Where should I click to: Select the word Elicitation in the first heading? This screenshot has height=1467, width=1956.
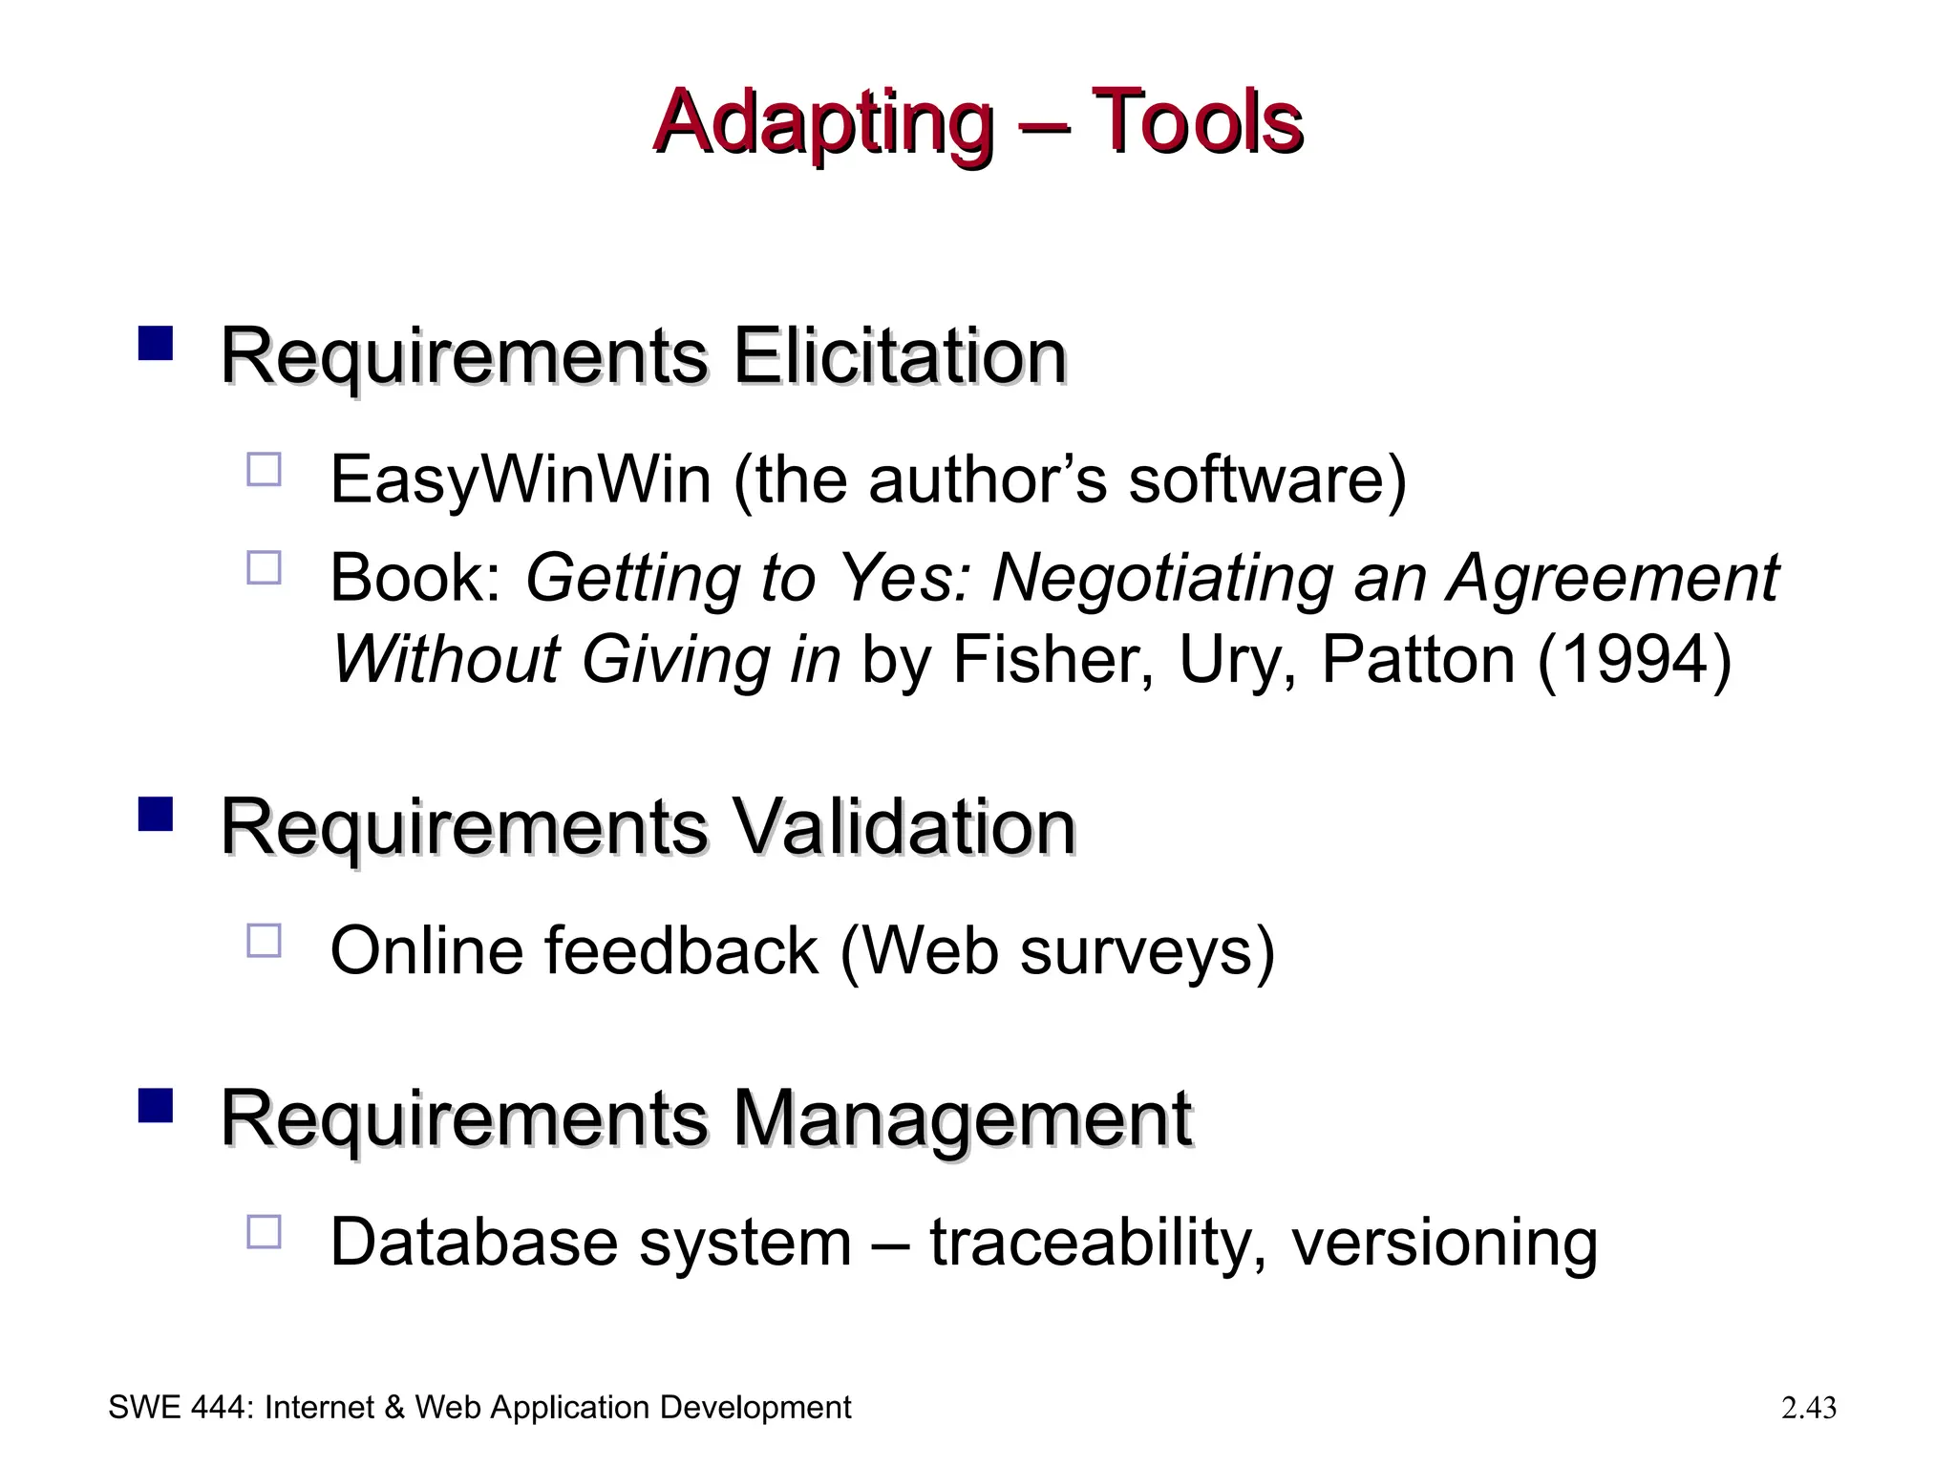coord(899,356)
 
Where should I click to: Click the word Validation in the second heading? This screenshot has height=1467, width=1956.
coord(904,827)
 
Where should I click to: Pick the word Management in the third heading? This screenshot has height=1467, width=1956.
coord(962,1118)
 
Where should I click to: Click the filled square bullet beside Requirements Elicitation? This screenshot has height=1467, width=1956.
coord(156,342)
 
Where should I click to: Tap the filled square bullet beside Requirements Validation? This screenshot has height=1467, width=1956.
coord(156,814)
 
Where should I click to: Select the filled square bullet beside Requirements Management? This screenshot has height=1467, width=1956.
coord(156,1105)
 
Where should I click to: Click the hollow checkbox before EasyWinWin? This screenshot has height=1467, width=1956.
coord(265,470)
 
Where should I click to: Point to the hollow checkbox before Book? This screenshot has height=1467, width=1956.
coord(265,567)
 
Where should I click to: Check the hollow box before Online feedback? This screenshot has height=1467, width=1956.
coord(265,941)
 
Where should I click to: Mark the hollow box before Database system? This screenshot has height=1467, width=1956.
coord(265,1232)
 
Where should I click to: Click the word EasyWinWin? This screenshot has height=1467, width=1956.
coord(521,479)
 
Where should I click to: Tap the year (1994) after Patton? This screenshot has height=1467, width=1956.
coord(1634,660)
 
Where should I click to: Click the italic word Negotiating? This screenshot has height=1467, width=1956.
coord(1162,579)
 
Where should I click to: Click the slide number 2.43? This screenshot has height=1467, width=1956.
coord(1809,1408)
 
